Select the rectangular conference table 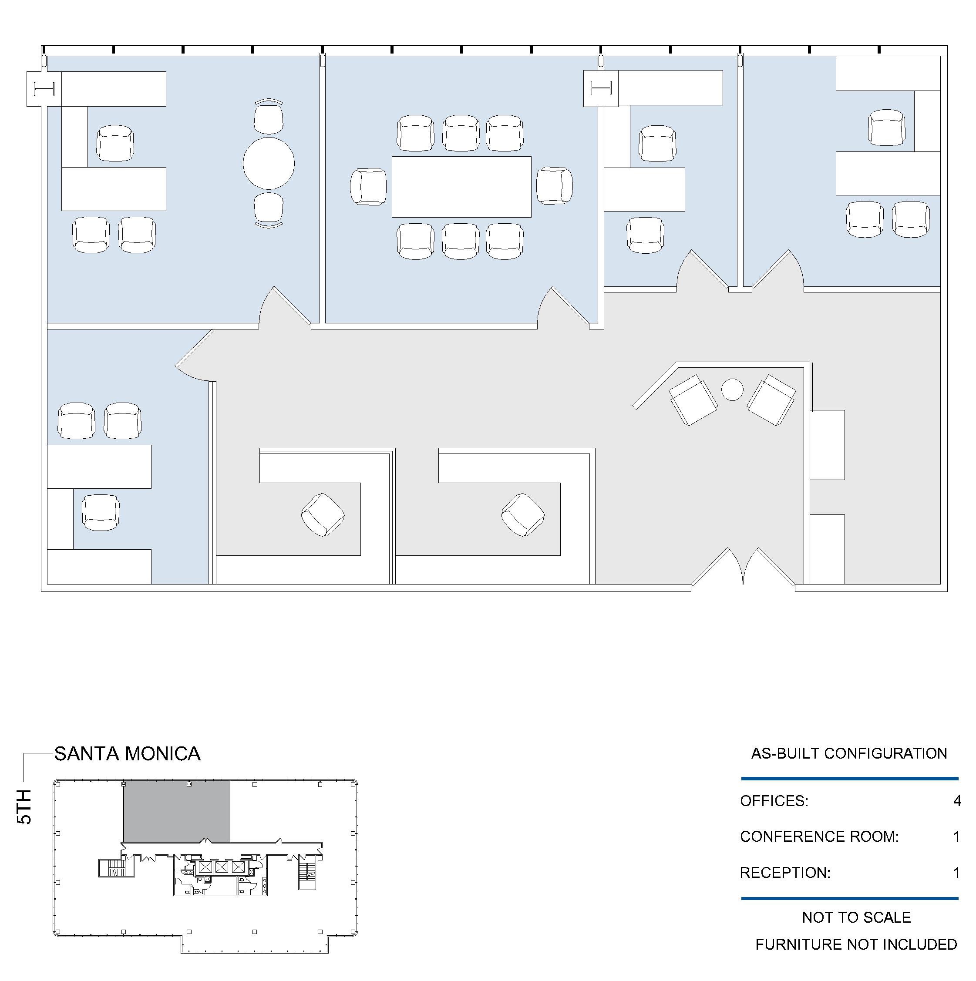(x=461, y=187)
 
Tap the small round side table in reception (x=732, y=390)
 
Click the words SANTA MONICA (x=128, y=753)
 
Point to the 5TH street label (x=24, y=807)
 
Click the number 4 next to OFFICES (x=957, y=801)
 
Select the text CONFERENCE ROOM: (x=819, y=837)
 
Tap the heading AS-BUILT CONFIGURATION (x=849, y=753)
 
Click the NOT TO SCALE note (x=856, y=917)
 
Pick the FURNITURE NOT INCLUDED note (x=856, y=944)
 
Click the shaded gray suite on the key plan (x=177, y=811)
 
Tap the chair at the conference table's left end (x=369, y=187)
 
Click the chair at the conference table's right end (x=555, y=186)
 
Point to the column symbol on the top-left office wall (x=44, y=89)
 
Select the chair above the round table (x=269, y=117)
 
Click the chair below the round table (x=269, y=210)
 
